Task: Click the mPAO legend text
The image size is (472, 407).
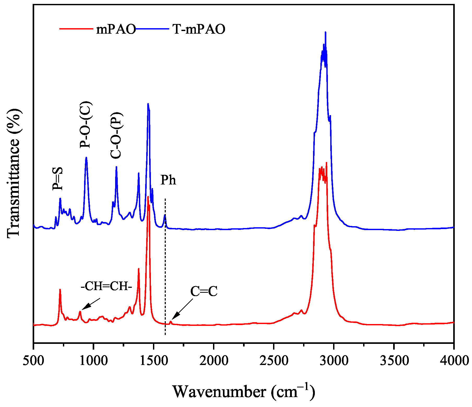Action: pos(116,29)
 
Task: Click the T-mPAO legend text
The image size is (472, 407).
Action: pos(199,29)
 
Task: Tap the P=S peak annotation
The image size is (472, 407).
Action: pos(58,179)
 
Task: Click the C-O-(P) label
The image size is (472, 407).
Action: pos(116,135)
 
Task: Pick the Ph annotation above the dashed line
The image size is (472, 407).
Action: pos(168,180)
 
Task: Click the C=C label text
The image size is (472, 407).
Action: pos(204,291)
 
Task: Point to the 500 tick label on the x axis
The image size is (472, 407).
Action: pos(33,361)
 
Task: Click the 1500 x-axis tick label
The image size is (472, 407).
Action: pos(154,361)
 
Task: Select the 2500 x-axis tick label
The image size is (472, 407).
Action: pos(274,361)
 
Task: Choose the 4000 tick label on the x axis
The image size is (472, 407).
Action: pos(454,361)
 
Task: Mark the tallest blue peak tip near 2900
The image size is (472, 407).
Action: pos(325,32)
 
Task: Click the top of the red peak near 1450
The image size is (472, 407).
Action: pos(148,197)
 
